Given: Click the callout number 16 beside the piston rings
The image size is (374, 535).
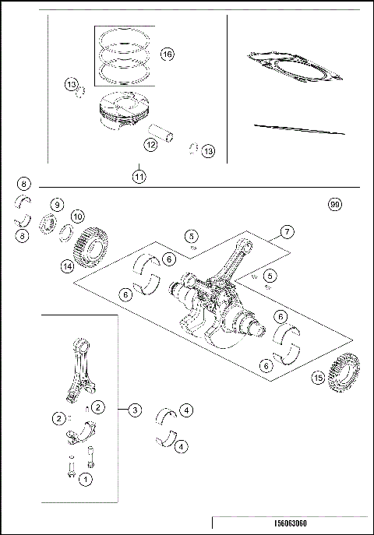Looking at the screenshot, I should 167,54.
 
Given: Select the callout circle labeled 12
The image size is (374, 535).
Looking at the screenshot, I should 150,144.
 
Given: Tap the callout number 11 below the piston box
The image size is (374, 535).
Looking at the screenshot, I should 139,177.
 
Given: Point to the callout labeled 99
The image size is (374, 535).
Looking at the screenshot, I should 335,204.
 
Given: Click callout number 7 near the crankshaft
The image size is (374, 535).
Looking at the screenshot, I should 287,232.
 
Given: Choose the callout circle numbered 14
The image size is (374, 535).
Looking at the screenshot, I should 68,266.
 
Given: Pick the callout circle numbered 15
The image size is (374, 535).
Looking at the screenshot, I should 318,378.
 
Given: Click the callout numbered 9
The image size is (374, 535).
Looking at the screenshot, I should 57,204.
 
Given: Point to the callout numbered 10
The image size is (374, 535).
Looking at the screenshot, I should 77,216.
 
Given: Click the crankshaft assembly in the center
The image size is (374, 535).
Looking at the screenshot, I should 218,308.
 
